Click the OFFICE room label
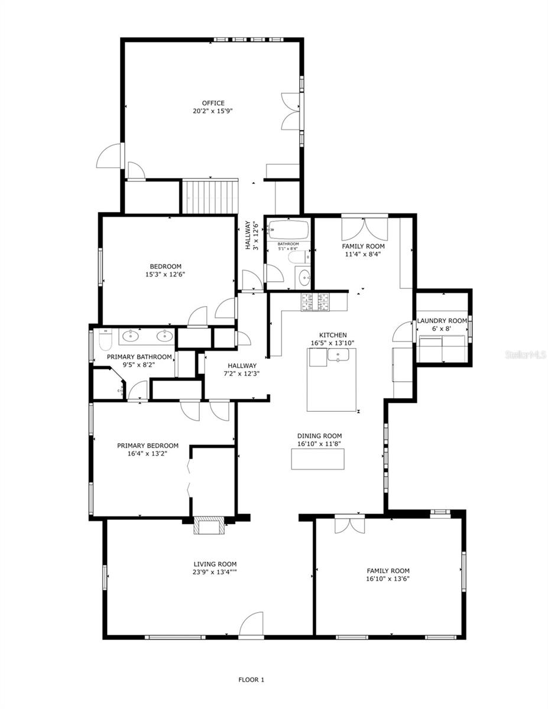(x=213, y=103)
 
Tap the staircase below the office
(x=209, y=197)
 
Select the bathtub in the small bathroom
(x=288, y=229)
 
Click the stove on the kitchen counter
(x=316, y=301)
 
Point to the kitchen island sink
(x=338, y=355)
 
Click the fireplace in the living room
(x=209, y=526)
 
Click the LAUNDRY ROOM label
(x=442, y=321)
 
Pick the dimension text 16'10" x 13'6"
(x=388, y=579)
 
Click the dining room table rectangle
(x=317, y=459)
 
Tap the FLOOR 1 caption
(x=251, y=679)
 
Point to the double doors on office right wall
(x=291, y=110)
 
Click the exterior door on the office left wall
(x=109, y=156)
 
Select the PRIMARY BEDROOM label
(x=147, y=446)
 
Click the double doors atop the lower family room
(x=346, y=525)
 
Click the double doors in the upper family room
(x=365, y=229)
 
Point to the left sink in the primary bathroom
(x=130, y=337)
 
